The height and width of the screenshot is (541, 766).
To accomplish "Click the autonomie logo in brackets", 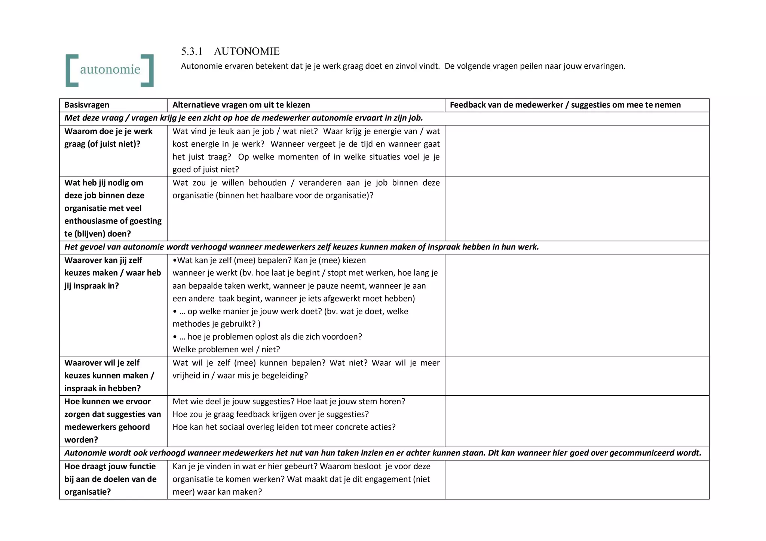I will [110, 70].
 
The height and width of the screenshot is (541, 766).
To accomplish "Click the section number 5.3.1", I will [191, 51].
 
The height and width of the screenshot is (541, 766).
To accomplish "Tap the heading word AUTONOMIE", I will [247, 51].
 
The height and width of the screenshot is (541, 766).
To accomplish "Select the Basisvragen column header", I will [87, 105].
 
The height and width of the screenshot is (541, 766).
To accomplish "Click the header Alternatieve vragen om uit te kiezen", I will [241, 105].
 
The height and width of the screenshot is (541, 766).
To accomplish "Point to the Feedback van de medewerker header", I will [565, 105].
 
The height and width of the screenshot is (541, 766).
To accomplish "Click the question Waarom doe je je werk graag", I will [108, 137].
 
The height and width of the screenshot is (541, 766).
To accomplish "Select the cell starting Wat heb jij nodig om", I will [112, 208].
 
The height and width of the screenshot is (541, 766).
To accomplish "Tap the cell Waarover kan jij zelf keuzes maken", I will [112, 273].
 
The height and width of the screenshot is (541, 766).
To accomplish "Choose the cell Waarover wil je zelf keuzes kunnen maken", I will [109, 375].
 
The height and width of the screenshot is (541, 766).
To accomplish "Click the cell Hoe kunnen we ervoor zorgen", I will [112, 420].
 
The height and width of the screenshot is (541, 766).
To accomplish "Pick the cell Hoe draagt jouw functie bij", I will [110, 479].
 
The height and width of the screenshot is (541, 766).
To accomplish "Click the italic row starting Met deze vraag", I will [243, 118].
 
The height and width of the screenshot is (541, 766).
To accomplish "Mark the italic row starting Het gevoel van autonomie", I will [301, 247].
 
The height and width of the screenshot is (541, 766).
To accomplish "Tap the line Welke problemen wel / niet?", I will [226, 350].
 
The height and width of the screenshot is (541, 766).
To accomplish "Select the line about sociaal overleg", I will [284, 427].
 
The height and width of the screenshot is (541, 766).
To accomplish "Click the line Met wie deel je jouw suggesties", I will [288, 402].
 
